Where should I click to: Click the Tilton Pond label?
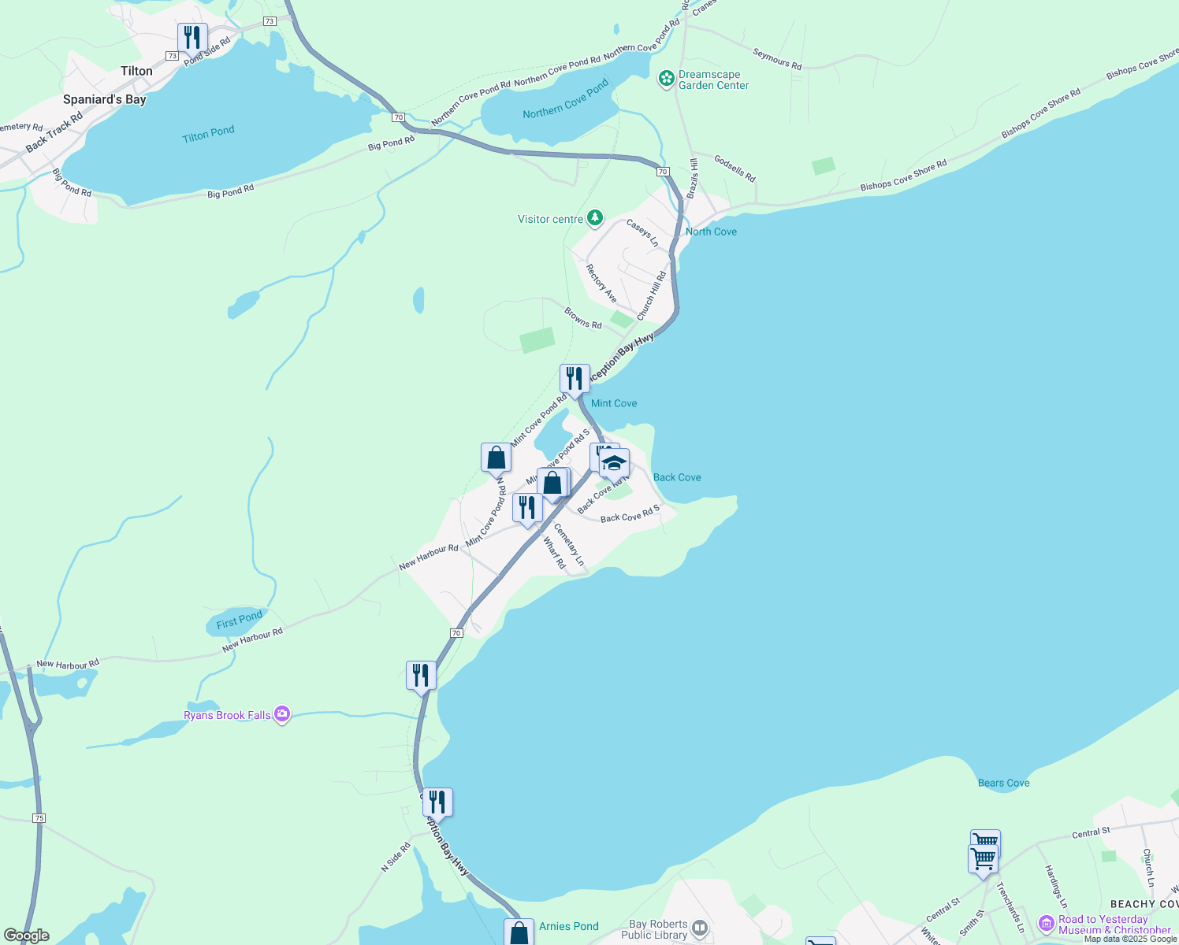tap(208, 135)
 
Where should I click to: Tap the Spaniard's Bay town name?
tap(104, 100)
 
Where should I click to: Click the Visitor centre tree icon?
tap(595, 217)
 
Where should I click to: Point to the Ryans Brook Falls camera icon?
tap(282, 714)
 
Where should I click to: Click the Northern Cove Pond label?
tap(565, 98)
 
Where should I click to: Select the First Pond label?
tap(239, 621)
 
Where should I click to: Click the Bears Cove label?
tap(1003, 783)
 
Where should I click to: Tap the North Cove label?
tap(711, 232)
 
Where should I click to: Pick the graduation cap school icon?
tap(614, 463)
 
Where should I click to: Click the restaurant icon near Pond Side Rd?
tap(192, 37)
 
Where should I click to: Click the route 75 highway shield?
tap(39, 818)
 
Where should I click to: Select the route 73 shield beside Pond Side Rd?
tap(172, 56)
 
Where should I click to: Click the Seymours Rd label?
tap(777, 59)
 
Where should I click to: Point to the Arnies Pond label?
tap(568, 926)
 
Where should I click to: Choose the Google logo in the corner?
tap(27, 936)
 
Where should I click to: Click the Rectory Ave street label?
tap(601, 283)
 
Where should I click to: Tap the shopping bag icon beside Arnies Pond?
tap(519, 933)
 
